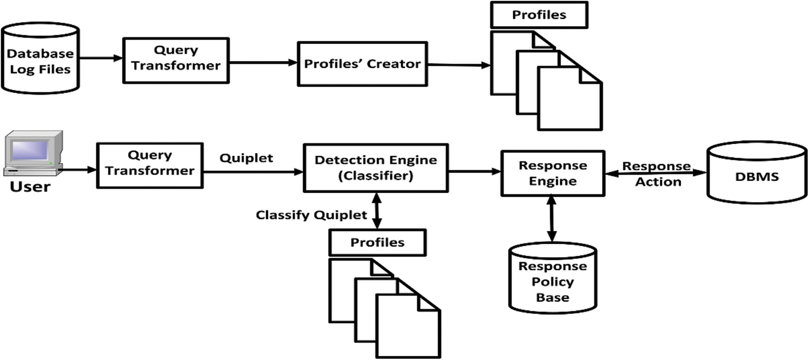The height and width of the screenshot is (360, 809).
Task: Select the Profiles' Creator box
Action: [x=362, y=64]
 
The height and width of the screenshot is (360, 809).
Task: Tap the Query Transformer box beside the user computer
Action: [x=150, y=166]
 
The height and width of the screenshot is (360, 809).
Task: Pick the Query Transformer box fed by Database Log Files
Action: [x=176, y=61]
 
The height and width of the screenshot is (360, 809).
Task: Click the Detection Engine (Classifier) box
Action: [x=375, y=168]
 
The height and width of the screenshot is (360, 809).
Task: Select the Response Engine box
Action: [x=552, y=173]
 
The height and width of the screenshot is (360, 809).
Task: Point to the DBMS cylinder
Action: [x=757, y=174]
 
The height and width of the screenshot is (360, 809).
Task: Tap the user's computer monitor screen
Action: [x=30, y=150]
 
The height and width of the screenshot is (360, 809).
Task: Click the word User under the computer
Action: [x=30, y=187]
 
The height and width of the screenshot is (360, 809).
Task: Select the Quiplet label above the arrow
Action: [x=246, y=158]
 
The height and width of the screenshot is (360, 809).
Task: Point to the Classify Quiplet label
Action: [x=311, y=215]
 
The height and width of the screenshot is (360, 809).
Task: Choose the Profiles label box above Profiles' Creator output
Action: [x=539, y=15]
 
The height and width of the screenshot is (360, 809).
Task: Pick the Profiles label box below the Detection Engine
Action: [x=377, y=242]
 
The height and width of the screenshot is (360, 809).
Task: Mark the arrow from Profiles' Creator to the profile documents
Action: [x=458, y=65]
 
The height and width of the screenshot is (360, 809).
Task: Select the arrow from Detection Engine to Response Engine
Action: [x=474, y=171]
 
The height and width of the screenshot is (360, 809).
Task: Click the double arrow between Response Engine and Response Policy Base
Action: [x=551, y=218]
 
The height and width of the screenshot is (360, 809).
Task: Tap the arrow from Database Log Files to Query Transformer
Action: [x=101, y=58]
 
